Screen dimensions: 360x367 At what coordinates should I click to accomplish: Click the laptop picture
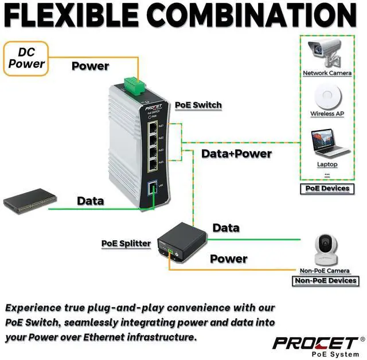click(x=329, y=144)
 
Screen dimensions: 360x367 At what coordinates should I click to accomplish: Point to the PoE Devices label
click(x=327, y=188)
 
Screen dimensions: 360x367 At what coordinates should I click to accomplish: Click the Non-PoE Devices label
click(x=325, y=281)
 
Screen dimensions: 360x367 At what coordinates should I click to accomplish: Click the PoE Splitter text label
click(x=126, y=243)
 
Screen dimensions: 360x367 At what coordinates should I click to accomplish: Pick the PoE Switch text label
click(x=198, y=105)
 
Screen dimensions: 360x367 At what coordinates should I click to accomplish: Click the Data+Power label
click(x=236, y=154)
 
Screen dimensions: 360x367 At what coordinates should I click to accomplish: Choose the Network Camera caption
click(x=323, y=73)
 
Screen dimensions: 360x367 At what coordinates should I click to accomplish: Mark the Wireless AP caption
click(x=327, y=114)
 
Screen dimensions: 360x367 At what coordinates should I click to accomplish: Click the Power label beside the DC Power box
click(x=90, y=66)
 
